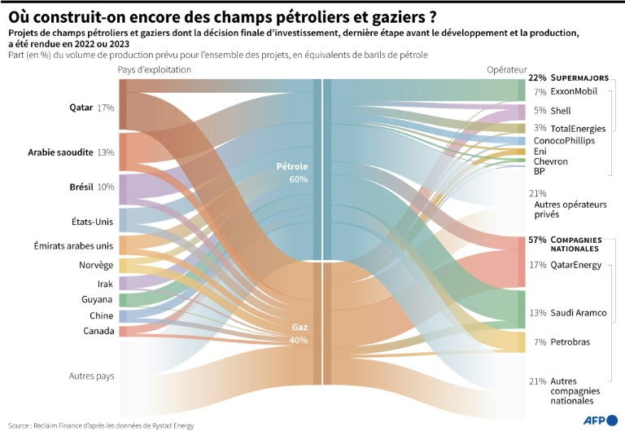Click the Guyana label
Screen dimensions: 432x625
(x=98, y=299)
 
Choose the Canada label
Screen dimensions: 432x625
(x=98, y=331)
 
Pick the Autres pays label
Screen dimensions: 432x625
(x=91, y=376)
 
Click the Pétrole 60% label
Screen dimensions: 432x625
(x=292, y=173)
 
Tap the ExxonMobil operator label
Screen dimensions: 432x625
(x=574, y=91)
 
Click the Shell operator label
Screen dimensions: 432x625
(x=561, y=110)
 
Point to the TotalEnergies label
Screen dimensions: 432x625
(x=578, y=129)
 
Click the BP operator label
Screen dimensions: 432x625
(x=539, y=171)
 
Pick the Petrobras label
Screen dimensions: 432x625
(x=570, y=342)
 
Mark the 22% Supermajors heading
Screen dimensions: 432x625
(x=568, y=78)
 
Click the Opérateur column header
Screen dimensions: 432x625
(x=506, y=70)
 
